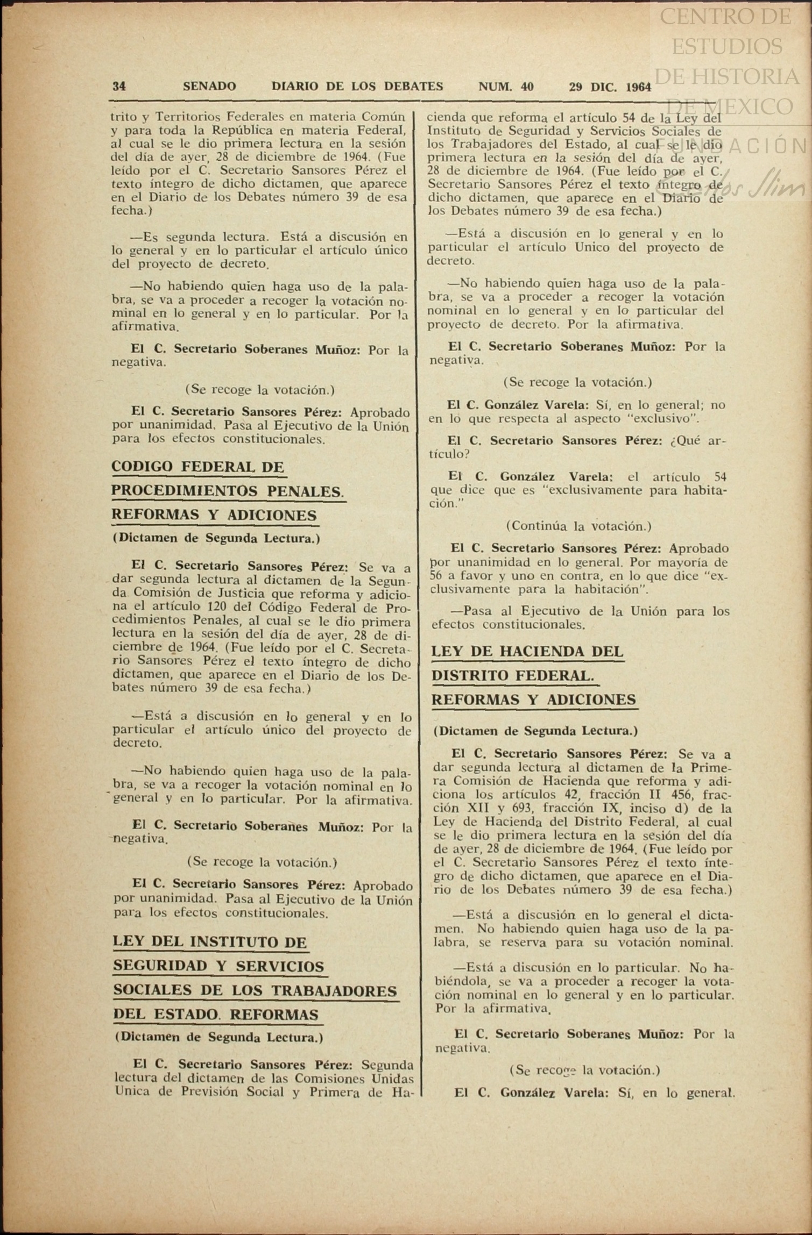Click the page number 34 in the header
click(x=119, y=87)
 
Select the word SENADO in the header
click(x=209, y=87)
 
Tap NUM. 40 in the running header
click(x=506, y=87)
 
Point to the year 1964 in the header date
click(x=638, y=87)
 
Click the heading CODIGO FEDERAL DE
click(x=197, y=467)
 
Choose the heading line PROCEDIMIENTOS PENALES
click(x=227, y=491)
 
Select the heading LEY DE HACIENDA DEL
click(x=527, y=652)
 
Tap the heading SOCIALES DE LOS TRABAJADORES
click(x=255, y=990)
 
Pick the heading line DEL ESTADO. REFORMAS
click(x=216, y=1015)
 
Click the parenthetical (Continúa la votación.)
click(x=578, y=525)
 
